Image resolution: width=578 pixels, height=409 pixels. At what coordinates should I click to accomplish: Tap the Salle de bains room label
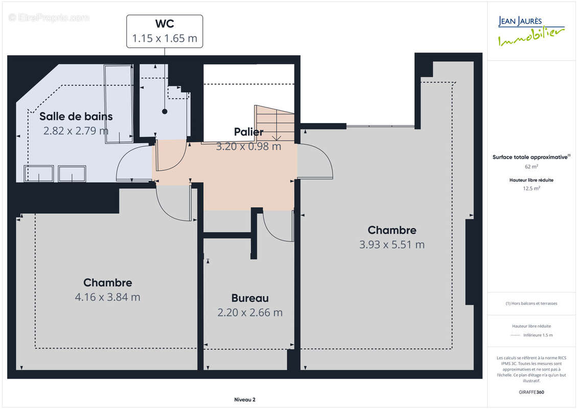76,116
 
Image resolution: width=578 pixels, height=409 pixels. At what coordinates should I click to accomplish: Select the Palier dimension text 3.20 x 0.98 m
248,146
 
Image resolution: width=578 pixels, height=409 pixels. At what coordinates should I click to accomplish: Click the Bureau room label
250,298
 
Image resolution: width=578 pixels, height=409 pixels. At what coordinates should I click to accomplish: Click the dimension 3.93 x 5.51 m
392,244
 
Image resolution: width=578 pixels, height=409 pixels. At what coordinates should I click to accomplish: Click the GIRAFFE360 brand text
531,392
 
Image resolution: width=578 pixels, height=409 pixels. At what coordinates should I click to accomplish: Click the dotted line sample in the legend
515,335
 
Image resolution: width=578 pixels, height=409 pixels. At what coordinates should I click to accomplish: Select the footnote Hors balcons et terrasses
531,303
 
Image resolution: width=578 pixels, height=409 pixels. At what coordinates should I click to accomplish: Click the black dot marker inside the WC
165,111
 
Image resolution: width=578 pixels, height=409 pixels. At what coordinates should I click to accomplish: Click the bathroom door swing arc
134,163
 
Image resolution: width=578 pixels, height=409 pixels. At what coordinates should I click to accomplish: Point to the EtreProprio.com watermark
49,18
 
